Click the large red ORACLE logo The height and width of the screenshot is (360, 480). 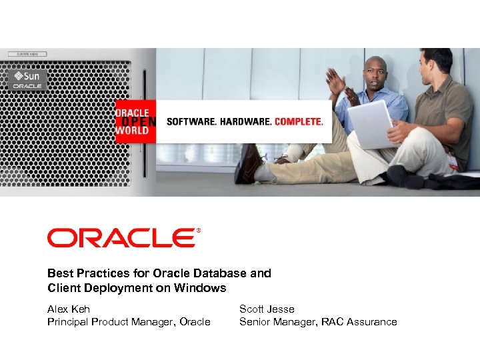[121, 238]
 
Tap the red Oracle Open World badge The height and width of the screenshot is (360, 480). [133, 121]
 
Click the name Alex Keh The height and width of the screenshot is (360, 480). [69, 309]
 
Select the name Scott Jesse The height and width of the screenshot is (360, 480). [267, 309]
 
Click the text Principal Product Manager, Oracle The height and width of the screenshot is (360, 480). [129, 322]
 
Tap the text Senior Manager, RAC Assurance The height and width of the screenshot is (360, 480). [318, 322]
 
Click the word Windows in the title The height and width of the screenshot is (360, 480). [200, 288]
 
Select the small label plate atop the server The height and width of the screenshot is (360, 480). [27, 53]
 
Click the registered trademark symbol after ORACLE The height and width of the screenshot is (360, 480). [198, 231]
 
